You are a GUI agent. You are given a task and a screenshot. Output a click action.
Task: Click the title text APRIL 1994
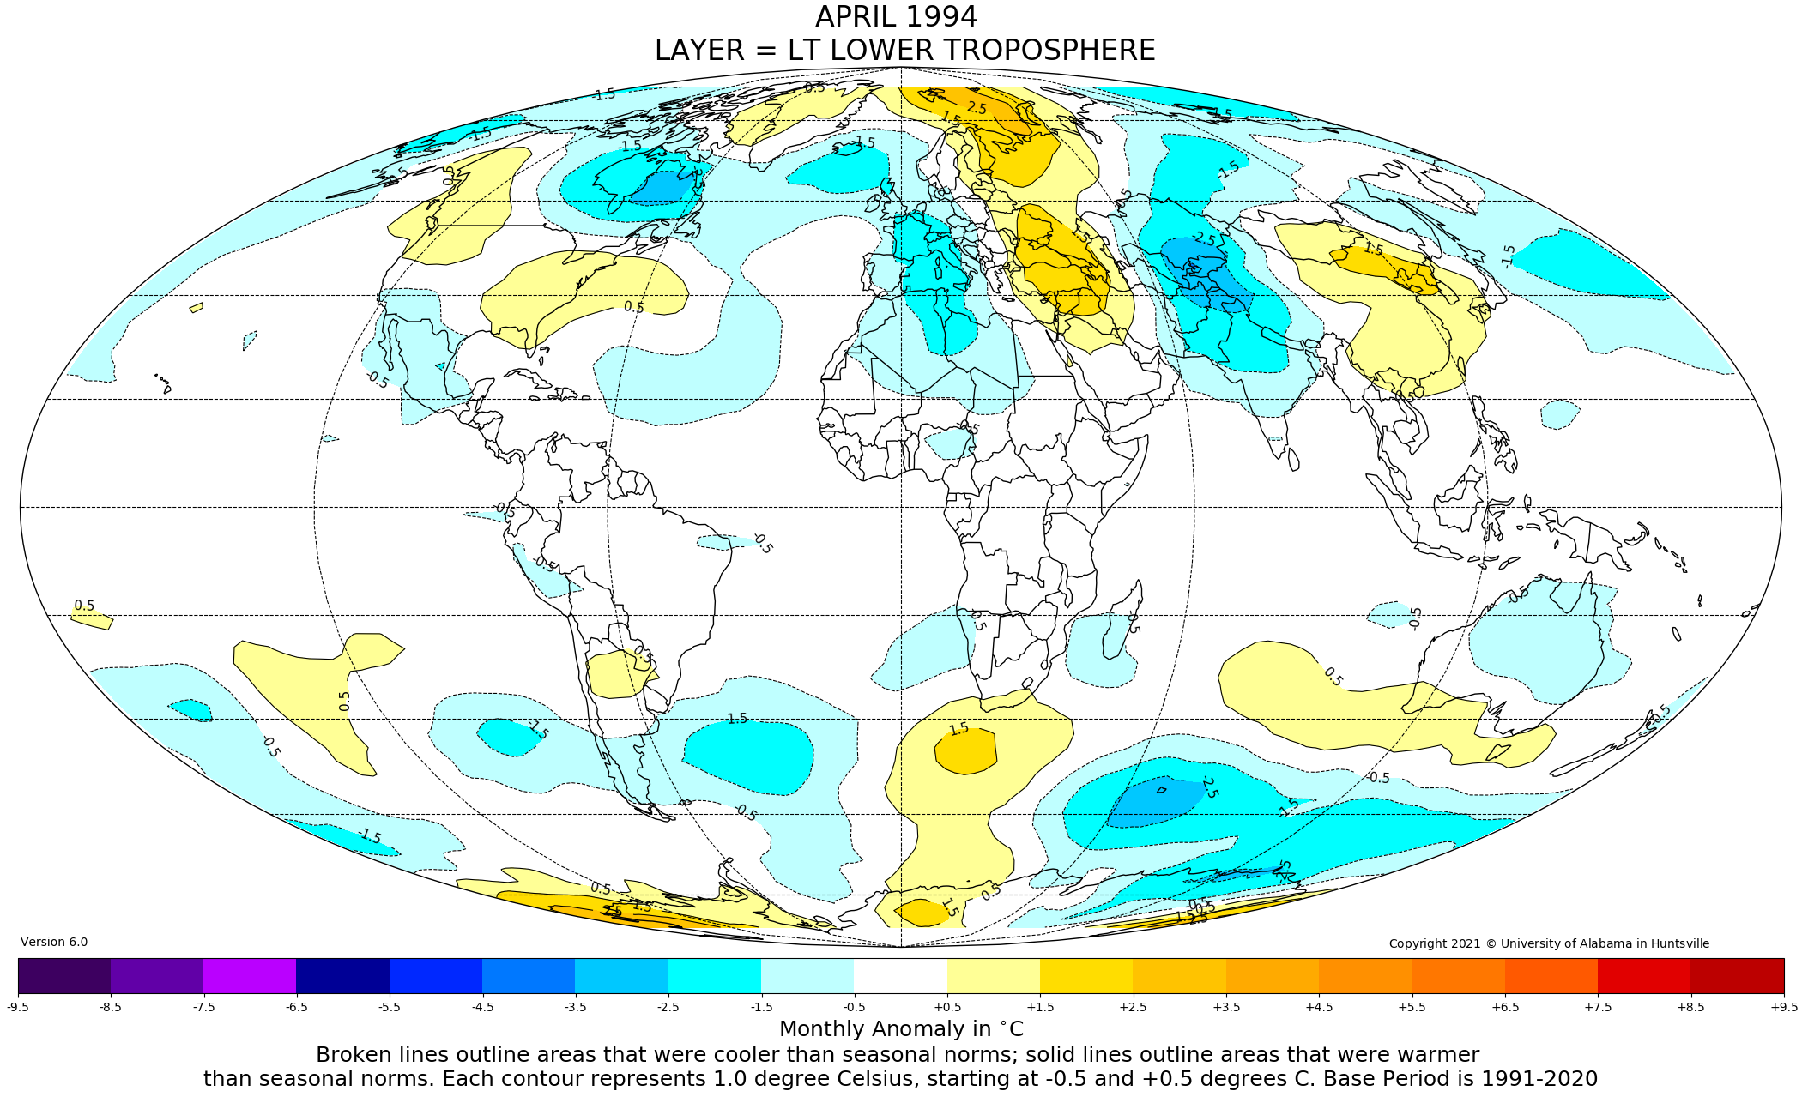tap(896, 17)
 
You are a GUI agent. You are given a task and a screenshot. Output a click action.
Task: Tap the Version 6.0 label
tap(54, 942)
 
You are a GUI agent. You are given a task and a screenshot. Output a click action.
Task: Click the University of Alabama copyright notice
tap(1549, 943)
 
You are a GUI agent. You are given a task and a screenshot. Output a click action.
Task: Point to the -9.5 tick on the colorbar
tap(18, 1007)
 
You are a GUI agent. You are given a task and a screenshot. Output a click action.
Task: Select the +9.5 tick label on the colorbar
tap(1783, 1007)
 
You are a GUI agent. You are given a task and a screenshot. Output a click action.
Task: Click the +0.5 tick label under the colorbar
tap(947, 1007)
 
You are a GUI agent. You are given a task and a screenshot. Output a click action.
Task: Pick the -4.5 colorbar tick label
tap(482, 1007)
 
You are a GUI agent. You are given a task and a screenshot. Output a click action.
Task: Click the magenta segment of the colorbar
tap(250, 975)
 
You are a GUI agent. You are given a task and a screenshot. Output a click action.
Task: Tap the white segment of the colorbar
tap(900, 975)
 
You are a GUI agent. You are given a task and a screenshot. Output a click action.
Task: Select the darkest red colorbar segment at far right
tap(1737, 975)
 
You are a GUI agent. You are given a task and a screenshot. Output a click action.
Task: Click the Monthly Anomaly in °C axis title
tap(901, 1029)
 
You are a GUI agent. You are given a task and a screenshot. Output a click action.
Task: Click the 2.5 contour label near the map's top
tap(977, 108)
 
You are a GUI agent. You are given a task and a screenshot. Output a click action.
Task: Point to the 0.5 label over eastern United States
tap(633, 307)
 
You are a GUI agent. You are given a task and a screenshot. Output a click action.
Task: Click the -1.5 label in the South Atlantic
tap(735, 719)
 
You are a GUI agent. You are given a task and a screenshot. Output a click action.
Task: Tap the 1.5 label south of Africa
tap(958, 729)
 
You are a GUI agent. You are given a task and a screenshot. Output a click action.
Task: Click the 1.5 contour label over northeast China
tap(1374, 249)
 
